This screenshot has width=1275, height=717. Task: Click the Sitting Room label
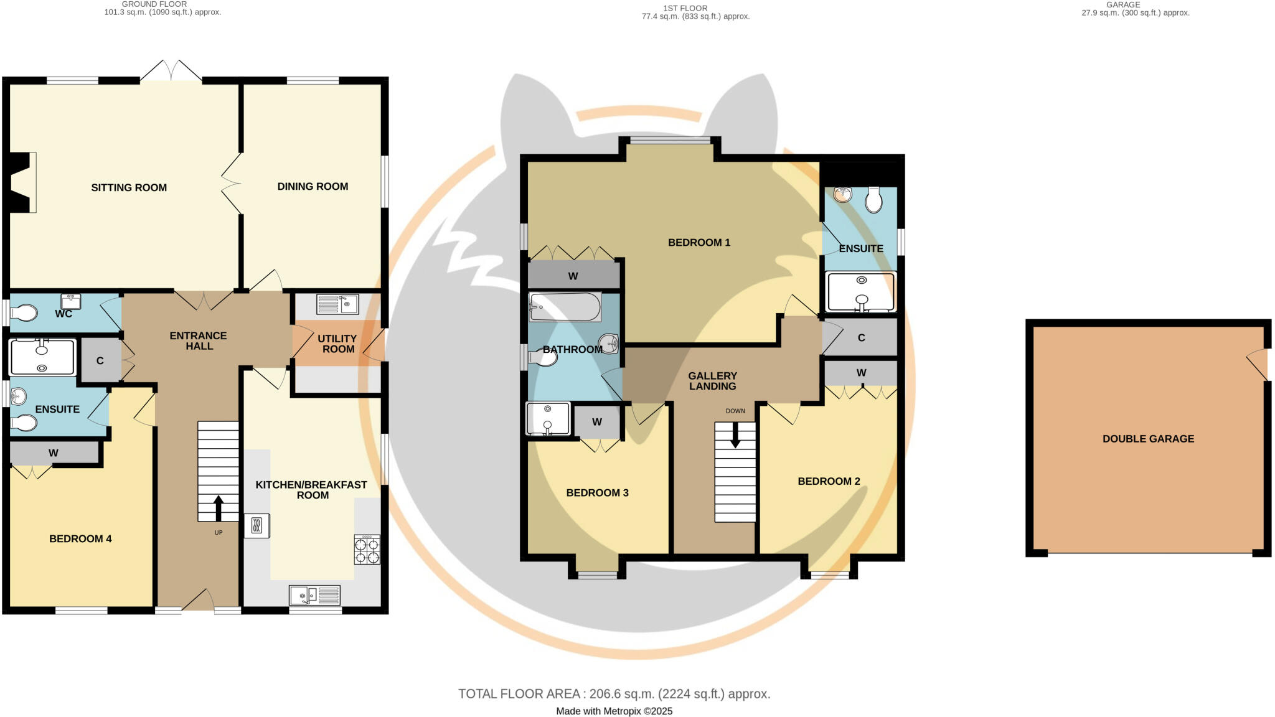(x=129, y=187)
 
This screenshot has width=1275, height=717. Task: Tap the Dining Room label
(x=313, y=186)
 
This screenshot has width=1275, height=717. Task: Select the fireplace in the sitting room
(x=24, y=183)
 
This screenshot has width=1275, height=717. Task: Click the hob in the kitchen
(x=367, y=550)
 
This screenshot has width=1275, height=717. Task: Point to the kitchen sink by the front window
(x=314, y=596)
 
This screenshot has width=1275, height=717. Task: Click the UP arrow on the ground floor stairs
(x=219, y=507)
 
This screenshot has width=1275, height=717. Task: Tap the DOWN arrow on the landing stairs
(x=735, y=435)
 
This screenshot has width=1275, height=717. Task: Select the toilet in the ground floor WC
(x=24, y=312)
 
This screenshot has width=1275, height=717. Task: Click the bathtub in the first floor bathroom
(x=565, y=307)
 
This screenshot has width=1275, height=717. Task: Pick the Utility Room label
(x=337, y=344)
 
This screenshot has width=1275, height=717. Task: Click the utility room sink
(x=337, y=304)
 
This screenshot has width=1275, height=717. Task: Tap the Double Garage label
(x=1148, y=439)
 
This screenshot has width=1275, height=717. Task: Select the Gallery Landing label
(x=712, y=381)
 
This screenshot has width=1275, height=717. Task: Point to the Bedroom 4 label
(x=80, y=539)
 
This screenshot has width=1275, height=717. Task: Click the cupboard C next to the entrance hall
(x=100, y=361)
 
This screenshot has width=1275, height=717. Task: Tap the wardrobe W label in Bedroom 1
(x=573, y=276)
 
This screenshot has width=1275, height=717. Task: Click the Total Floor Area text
(x=614, y=693)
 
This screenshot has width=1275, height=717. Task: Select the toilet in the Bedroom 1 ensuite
(x=874, y=200)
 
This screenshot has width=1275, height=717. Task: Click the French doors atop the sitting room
(x=171, y=71)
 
